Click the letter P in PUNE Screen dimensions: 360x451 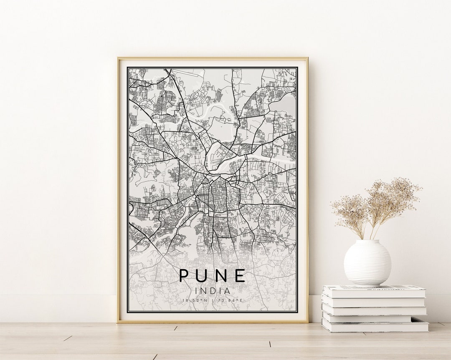coord(184,276)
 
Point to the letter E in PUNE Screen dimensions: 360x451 coord(240,276)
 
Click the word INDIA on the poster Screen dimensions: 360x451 coord(212,290)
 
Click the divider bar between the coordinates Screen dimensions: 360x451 coord(213,300)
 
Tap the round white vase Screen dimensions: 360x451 coord(367,263)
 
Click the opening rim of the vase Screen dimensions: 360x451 coord(367,241)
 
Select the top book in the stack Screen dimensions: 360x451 coord(373,291)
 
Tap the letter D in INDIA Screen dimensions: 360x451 coord(212,290)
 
